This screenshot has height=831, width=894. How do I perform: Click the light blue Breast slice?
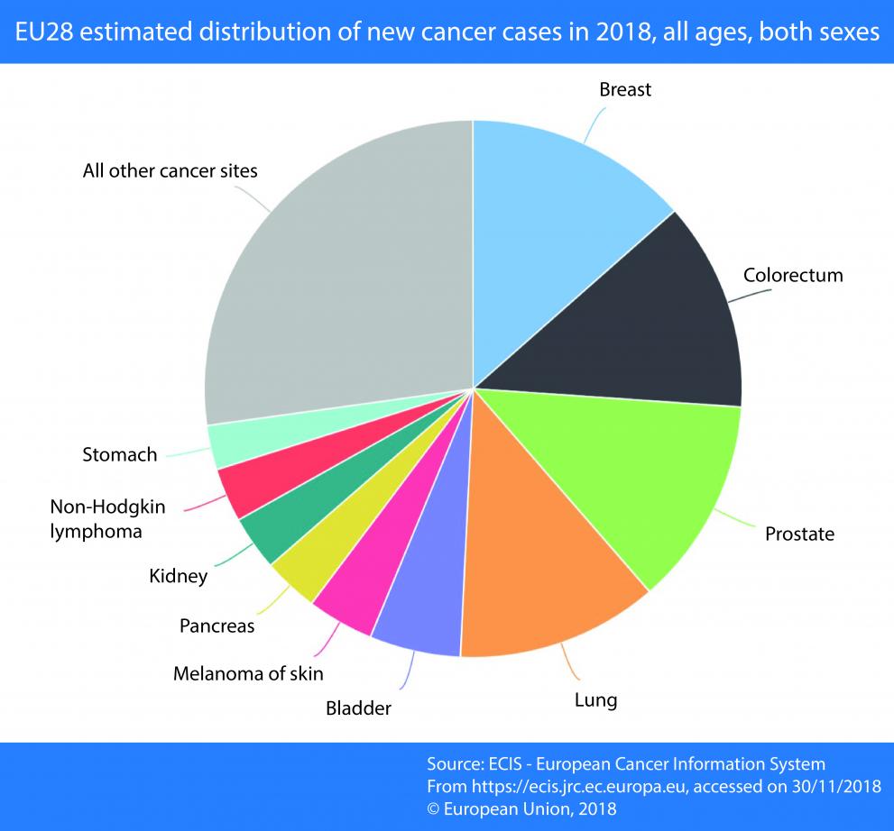(x=559, y=225)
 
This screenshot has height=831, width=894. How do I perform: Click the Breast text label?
(x=625, y=90)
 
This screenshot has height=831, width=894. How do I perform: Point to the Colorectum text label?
(x=793, y=275)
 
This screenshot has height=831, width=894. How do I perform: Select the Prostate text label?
(x=799, y=534)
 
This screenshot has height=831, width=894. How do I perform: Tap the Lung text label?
(x=595, y=699)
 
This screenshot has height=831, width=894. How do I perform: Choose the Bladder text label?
(x=358, y=708)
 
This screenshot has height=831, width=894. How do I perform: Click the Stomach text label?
(x=119, y=454)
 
